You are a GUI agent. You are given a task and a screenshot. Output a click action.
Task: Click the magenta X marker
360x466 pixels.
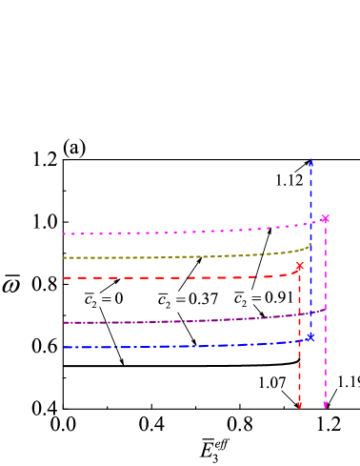tap(325, 219)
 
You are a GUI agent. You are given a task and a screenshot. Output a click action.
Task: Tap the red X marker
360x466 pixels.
tap(300, 266)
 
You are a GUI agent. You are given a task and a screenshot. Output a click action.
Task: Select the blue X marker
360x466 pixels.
tap(310, 336)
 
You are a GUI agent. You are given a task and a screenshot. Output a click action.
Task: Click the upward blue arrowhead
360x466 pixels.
tap(310, 162)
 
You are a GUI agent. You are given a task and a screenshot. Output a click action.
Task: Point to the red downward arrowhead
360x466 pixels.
tap(299, 406)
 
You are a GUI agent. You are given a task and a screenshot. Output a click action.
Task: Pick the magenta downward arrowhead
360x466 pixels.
tap(325, 406)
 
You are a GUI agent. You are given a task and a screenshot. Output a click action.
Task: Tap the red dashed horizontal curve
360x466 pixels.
tap(171, 277)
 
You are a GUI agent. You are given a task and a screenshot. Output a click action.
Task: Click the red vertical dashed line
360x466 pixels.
tap(299, 362)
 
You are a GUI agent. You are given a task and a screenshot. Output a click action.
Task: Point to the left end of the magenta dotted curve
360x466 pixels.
tap(64, 233)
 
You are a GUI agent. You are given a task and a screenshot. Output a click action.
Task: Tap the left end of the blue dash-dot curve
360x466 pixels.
tap(64, 347)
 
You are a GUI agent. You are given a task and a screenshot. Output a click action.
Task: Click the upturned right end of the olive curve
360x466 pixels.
tap(310, 244)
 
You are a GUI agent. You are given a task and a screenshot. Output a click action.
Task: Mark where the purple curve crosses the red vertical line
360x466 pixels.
tap(299, 313)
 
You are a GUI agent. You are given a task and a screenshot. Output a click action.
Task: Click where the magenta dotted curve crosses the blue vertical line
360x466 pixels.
tap(310, 223)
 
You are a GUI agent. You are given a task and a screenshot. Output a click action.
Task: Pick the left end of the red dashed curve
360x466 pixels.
tap(64, 278)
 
